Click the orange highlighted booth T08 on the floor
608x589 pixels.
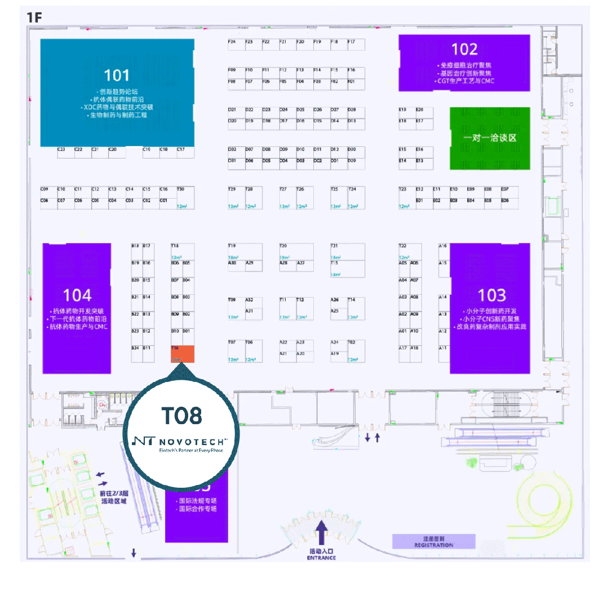click(182, 354)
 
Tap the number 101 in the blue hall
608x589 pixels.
click(117, 75)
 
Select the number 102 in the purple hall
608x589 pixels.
click(464, 49)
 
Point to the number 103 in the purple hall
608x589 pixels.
click(491, 295)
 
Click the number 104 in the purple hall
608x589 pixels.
click(77, 295)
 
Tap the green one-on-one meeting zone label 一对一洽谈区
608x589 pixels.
click(490, 138)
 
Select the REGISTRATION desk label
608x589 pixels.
click(433, 542)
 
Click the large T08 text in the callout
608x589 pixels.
click(181, 416)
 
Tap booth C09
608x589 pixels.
click(45, 189)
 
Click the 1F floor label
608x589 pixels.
click(34, 17)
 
